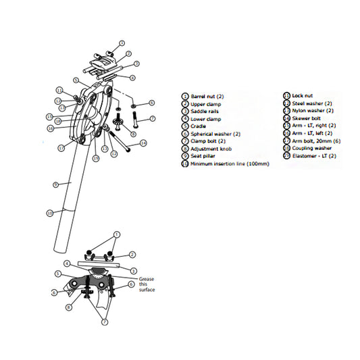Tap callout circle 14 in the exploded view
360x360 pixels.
click(x=143, y=143)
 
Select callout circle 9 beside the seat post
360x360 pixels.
click(x=56, y=183)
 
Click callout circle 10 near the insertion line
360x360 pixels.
click(x=49, y=213)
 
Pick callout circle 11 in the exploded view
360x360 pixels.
click(x=59, y=91)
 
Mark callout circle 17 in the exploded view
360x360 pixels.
click(x=61, y=148)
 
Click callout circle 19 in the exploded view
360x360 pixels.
click(x=96, y=158)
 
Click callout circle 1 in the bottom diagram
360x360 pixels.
click(x=116, y=234)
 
